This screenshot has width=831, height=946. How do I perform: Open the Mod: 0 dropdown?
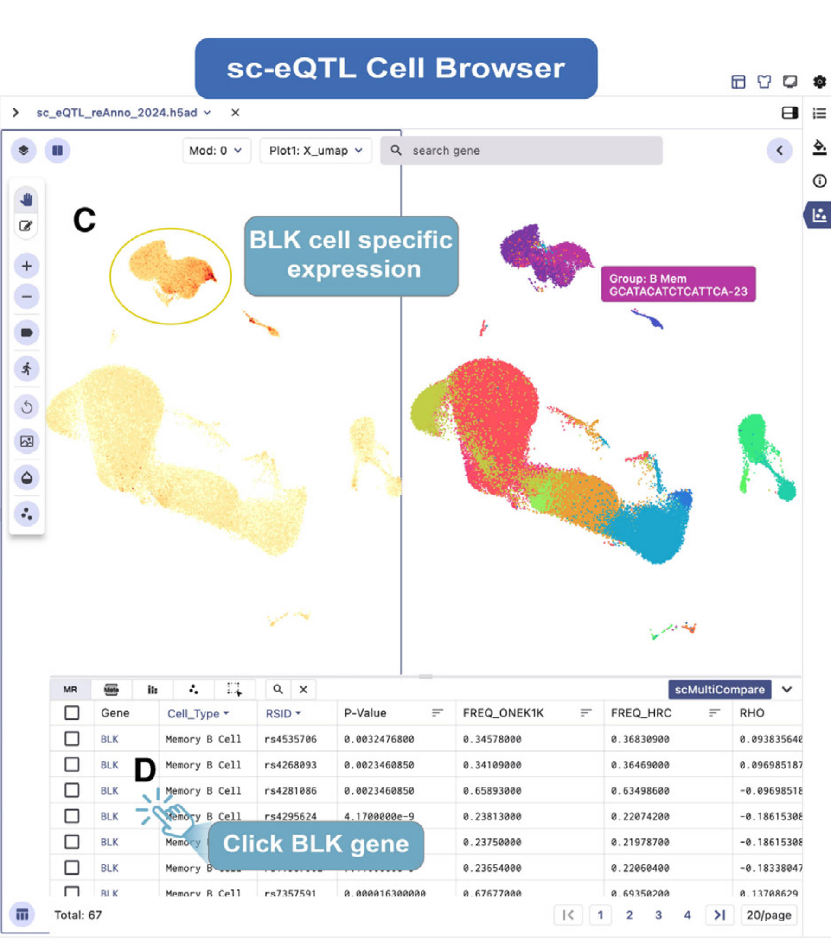point(216,151)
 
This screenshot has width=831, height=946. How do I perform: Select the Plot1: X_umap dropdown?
point(315,151)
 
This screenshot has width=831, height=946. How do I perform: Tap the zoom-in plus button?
point(27,266)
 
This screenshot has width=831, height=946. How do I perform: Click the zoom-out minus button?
point(27,296)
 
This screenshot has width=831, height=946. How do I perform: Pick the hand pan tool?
point(27,200)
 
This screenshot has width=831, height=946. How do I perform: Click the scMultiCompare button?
point(719,690)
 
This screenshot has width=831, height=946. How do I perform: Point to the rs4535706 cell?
point(290,739)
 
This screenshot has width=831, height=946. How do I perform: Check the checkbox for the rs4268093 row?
point(72,765)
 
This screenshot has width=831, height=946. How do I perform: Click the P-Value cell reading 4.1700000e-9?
point(379,816)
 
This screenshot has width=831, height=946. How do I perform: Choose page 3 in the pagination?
point(658,915)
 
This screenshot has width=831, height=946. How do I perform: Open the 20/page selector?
point(768,915)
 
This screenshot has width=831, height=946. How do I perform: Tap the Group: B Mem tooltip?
point(678,285)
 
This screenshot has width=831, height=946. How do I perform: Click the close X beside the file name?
point(235,113)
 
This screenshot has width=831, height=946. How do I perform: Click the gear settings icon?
point(819,82)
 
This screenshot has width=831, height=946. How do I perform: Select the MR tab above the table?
point(70,690)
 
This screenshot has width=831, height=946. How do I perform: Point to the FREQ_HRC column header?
point(641,713)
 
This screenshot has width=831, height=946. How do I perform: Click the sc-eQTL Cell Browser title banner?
point(396,69)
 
